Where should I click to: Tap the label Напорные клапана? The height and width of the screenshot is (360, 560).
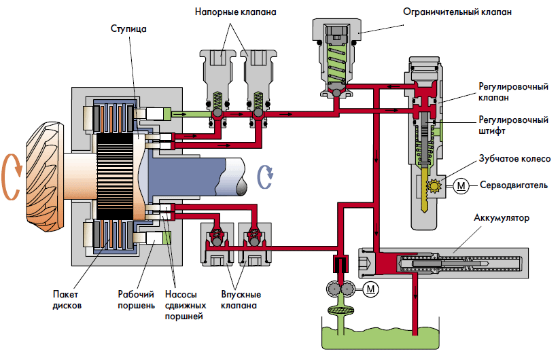click(235, 12)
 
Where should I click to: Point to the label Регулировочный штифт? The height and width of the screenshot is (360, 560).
click(513, 126)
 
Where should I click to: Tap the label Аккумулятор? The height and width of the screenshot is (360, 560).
click(503, 219)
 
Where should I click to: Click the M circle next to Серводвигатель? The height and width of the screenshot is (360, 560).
click(461, 185)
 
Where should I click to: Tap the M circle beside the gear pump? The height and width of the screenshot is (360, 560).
click(371, 289)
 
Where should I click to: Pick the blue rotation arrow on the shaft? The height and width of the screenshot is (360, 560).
click(266, 175)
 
